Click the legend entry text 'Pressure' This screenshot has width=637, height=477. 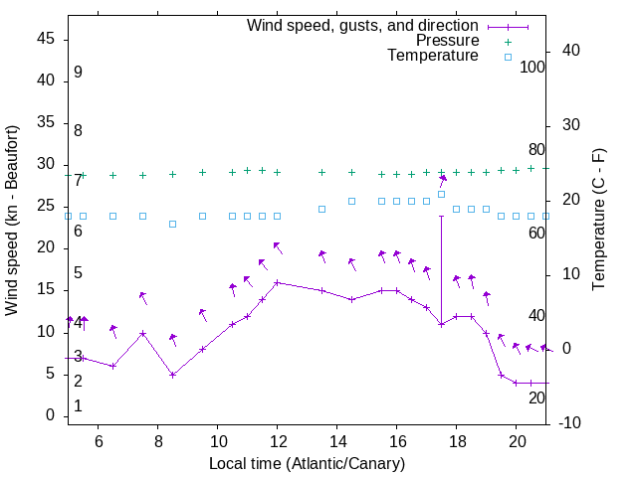(447, 41)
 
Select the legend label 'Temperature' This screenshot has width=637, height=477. (433, 56)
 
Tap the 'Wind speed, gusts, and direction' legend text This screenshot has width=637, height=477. (363, 25)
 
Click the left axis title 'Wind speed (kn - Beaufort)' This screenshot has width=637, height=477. (12, 221)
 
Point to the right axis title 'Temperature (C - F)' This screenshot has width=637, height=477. (598, 221)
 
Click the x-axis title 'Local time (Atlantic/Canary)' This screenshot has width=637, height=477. (307, 464)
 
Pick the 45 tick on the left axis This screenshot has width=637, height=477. (46, 39)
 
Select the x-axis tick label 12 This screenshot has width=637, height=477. (278, 442)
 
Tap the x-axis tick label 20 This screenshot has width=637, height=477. (517, 442)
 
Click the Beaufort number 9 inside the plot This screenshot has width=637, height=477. (78, 73)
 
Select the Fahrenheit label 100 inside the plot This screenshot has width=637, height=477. (532, 67)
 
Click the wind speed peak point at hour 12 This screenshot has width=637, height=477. (278, 282)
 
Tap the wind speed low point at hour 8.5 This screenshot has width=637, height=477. (172, 375)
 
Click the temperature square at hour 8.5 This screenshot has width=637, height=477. (172, 224)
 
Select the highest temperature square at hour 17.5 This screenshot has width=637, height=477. (442, 194)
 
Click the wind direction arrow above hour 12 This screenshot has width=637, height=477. (278, 246)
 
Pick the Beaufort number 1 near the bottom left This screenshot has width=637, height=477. (78, 406)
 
